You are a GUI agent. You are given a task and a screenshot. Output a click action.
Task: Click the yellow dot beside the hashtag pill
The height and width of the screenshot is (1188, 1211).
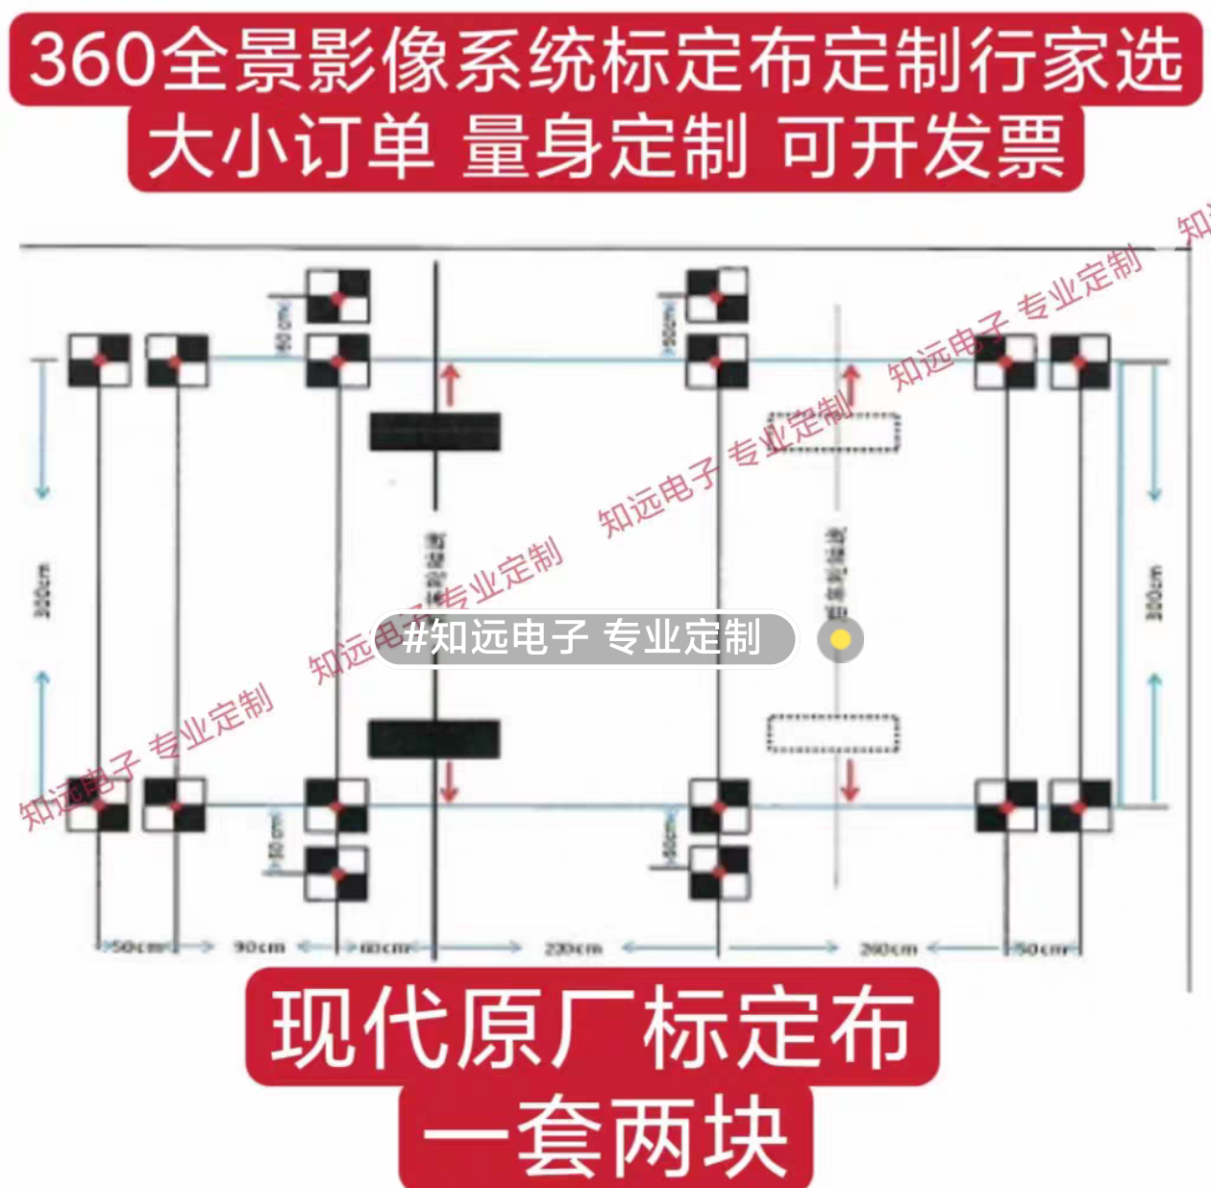click(840, 639)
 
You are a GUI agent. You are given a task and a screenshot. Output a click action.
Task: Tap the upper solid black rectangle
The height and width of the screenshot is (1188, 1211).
click(434, 433)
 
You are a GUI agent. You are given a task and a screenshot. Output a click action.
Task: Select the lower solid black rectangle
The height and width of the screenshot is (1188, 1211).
click(434, 738)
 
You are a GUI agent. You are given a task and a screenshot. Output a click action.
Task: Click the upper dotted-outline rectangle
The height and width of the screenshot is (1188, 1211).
click(833, 433)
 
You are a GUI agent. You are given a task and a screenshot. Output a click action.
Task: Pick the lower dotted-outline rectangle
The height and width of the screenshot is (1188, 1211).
click(833, 734)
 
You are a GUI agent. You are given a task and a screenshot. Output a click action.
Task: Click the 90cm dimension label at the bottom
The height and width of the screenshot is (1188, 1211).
click(259, 948)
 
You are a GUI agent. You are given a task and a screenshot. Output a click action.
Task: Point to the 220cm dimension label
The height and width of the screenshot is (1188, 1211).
click(573, 949)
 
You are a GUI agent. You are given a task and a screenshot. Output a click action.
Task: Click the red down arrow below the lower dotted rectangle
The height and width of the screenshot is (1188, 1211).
click(850, 780)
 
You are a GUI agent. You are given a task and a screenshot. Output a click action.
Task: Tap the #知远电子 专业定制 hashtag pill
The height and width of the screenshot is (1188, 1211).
click(584, 638)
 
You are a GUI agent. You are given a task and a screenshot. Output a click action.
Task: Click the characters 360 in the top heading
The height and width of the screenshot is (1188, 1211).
click(92, 60)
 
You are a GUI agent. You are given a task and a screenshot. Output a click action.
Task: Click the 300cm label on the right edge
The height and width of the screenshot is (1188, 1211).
click(1155, 592)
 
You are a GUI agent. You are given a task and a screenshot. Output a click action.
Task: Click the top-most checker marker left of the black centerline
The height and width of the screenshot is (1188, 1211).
click(337, 296)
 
